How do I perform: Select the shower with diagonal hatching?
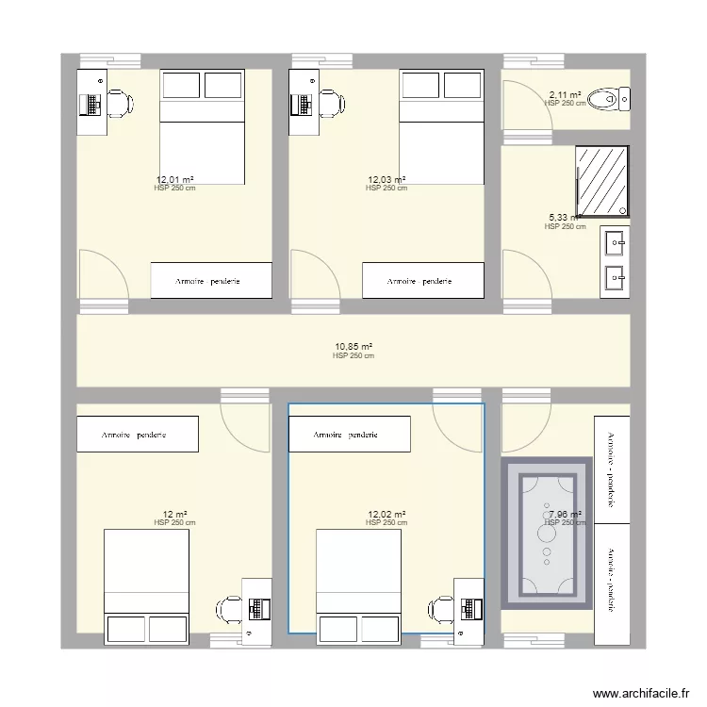coord(601,181)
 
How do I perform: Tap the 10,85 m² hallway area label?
coord(353,346)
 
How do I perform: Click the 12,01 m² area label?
coord(174,179)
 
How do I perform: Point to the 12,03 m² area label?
coord(386,179)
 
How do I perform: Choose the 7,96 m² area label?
coord(565,515)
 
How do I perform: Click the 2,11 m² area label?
coord(565,95)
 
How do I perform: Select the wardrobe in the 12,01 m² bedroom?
coord(211,281)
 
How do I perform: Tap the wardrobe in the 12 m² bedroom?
coord(138,435)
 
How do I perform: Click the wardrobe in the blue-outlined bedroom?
coord(350,435)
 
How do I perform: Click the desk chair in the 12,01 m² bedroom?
coord(118,102)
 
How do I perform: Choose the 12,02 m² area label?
coord(386,515)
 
